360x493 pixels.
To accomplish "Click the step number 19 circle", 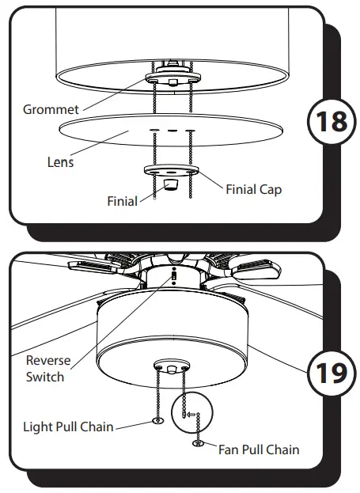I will pos(327,371).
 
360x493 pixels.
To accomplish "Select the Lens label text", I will pos(60,162).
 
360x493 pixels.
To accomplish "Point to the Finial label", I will pos(122,201).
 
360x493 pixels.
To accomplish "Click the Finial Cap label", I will pos(253,190).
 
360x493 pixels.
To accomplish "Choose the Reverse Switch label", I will pos(48,369).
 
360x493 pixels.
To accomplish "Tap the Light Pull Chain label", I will pos(67,427).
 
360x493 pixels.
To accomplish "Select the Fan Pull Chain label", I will pos(259,449).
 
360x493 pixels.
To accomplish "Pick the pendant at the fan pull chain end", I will pos(199,445).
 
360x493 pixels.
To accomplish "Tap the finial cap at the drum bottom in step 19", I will pos(172,365).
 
